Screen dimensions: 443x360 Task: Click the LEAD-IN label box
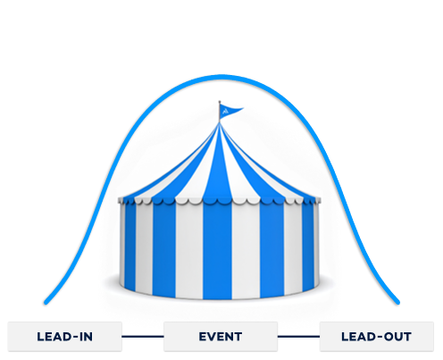click(x=65, y=337)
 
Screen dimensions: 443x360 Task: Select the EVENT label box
click(x=221, y=337)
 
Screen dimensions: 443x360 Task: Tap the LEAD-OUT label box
click(x=377, y=337)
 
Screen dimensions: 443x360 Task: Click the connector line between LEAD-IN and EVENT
click(x=143, y=337)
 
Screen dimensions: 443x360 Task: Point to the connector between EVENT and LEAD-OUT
click(x=298, y=337)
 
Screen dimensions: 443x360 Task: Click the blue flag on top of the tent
click(x=230, y=111)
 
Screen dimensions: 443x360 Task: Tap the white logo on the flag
click(x=225, y=112)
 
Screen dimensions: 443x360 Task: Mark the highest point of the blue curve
click(x=221, y=77)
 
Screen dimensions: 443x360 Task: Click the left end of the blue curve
click(x=46, y=303)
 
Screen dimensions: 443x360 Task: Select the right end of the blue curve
click(x=397, y=303)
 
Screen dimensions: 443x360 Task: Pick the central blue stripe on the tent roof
click(x=219, y=167)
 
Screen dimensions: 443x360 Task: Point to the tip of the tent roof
click(x=220, y=123)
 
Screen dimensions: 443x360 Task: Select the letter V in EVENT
click(x=213, y=337)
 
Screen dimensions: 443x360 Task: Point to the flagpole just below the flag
click(x=220, y=120)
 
